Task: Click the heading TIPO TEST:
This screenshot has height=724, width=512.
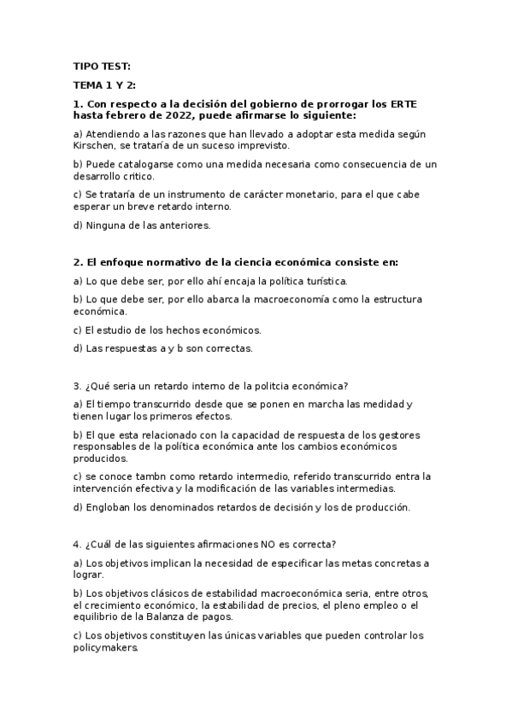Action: coord(102,67)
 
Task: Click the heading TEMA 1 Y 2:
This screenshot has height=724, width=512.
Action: coord(104,85)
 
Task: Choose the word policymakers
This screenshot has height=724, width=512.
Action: coord(106,648)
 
